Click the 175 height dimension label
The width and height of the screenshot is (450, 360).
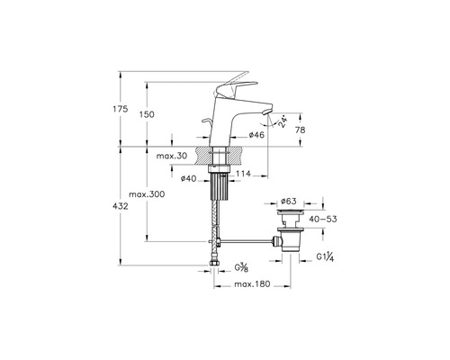coord(121,109)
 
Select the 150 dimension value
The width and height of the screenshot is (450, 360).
coord(147,114)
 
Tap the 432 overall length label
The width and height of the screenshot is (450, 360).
coord(121,206)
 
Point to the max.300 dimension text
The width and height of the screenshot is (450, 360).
coord(147,194)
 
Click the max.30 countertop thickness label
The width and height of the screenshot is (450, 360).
coord(172,156)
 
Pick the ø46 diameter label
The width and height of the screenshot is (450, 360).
coord(256,135)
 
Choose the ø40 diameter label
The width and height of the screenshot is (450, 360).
coord(188,179)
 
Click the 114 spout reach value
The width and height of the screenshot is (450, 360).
coord(243,174)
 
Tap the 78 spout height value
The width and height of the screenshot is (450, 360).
coord(301,130)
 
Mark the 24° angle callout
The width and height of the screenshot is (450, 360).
coord(283,122)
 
